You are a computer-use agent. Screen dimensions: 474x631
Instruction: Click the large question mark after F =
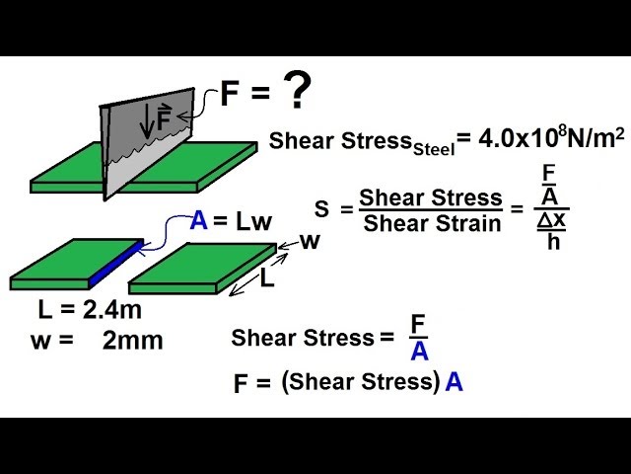point(297,93)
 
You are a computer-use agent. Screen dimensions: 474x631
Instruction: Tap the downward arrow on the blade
point(147,121)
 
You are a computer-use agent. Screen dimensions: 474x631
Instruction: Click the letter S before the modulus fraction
point(321,208)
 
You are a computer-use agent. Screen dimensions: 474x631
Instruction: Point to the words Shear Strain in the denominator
point(432,223)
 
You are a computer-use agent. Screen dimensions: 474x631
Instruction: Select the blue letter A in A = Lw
point(199,220)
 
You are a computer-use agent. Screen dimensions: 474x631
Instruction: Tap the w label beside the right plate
point(310,241)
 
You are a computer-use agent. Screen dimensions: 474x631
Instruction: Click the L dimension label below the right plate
point(266,279)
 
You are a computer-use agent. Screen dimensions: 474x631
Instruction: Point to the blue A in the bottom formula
point(454,382)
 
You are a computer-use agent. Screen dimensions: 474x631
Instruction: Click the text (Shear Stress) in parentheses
point(360,382)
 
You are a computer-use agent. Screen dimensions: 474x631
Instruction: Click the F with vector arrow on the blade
point(163,121)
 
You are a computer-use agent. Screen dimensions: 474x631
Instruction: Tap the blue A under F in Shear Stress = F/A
point(419,353)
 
